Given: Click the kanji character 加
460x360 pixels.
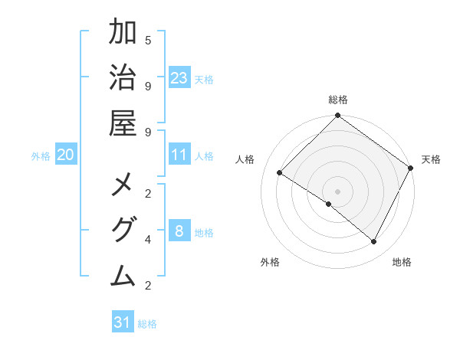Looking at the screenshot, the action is click(123, 34).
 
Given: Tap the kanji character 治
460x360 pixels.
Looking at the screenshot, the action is click(123, 80).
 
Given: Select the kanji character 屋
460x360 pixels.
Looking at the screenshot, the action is click(123, 124).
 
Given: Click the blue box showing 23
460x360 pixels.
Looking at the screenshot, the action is click(179, 78).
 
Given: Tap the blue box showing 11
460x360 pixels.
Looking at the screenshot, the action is click(179, 155).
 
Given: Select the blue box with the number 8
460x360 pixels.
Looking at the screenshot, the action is click(179, 231).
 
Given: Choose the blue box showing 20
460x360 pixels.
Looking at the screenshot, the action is click(66, 155).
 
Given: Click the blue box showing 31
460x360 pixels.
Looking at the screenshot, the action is click(123, 322).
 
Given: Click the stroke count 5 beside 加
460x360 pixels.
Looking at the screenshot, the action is click(148, 40).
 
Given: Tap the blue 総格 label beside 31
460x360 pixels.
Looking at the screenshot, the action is click(147, 324).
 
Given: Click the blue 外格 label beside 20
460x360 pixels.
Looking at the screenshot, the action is click(41, 156).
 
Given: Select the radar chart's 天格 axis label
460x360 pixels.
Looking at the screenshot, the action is click(431, 159).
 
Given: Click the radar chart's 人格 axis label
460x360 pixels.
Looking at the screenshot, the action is click(245, 159).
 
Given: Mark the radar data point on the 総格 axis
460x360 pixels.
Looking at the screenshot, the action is click(337, 116).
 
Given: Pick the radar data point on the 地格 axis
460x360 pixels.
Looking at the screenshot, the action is click(374, 242).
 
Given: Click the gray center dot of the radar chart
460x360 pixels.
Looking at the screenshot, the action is click(337, 191).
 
